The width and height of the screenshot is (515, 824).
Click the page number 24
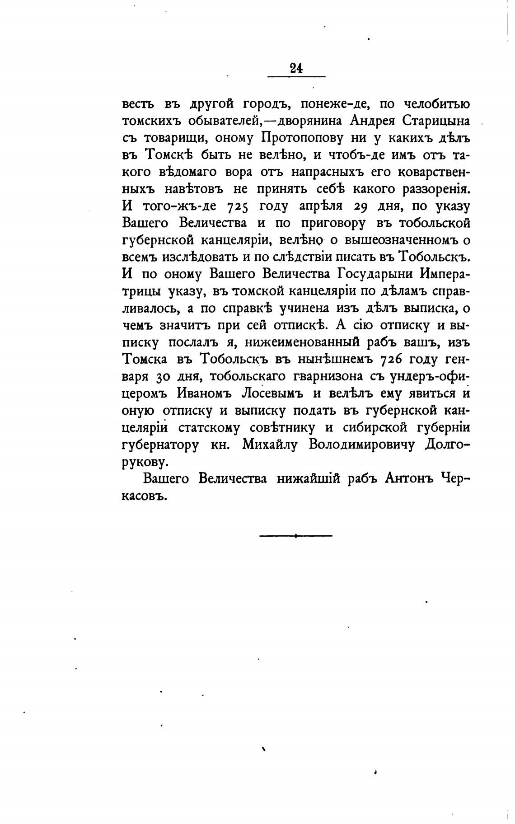(x=296, y=69)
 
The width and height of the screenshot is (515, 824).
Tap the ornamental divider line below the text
(x=296, y=536)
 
